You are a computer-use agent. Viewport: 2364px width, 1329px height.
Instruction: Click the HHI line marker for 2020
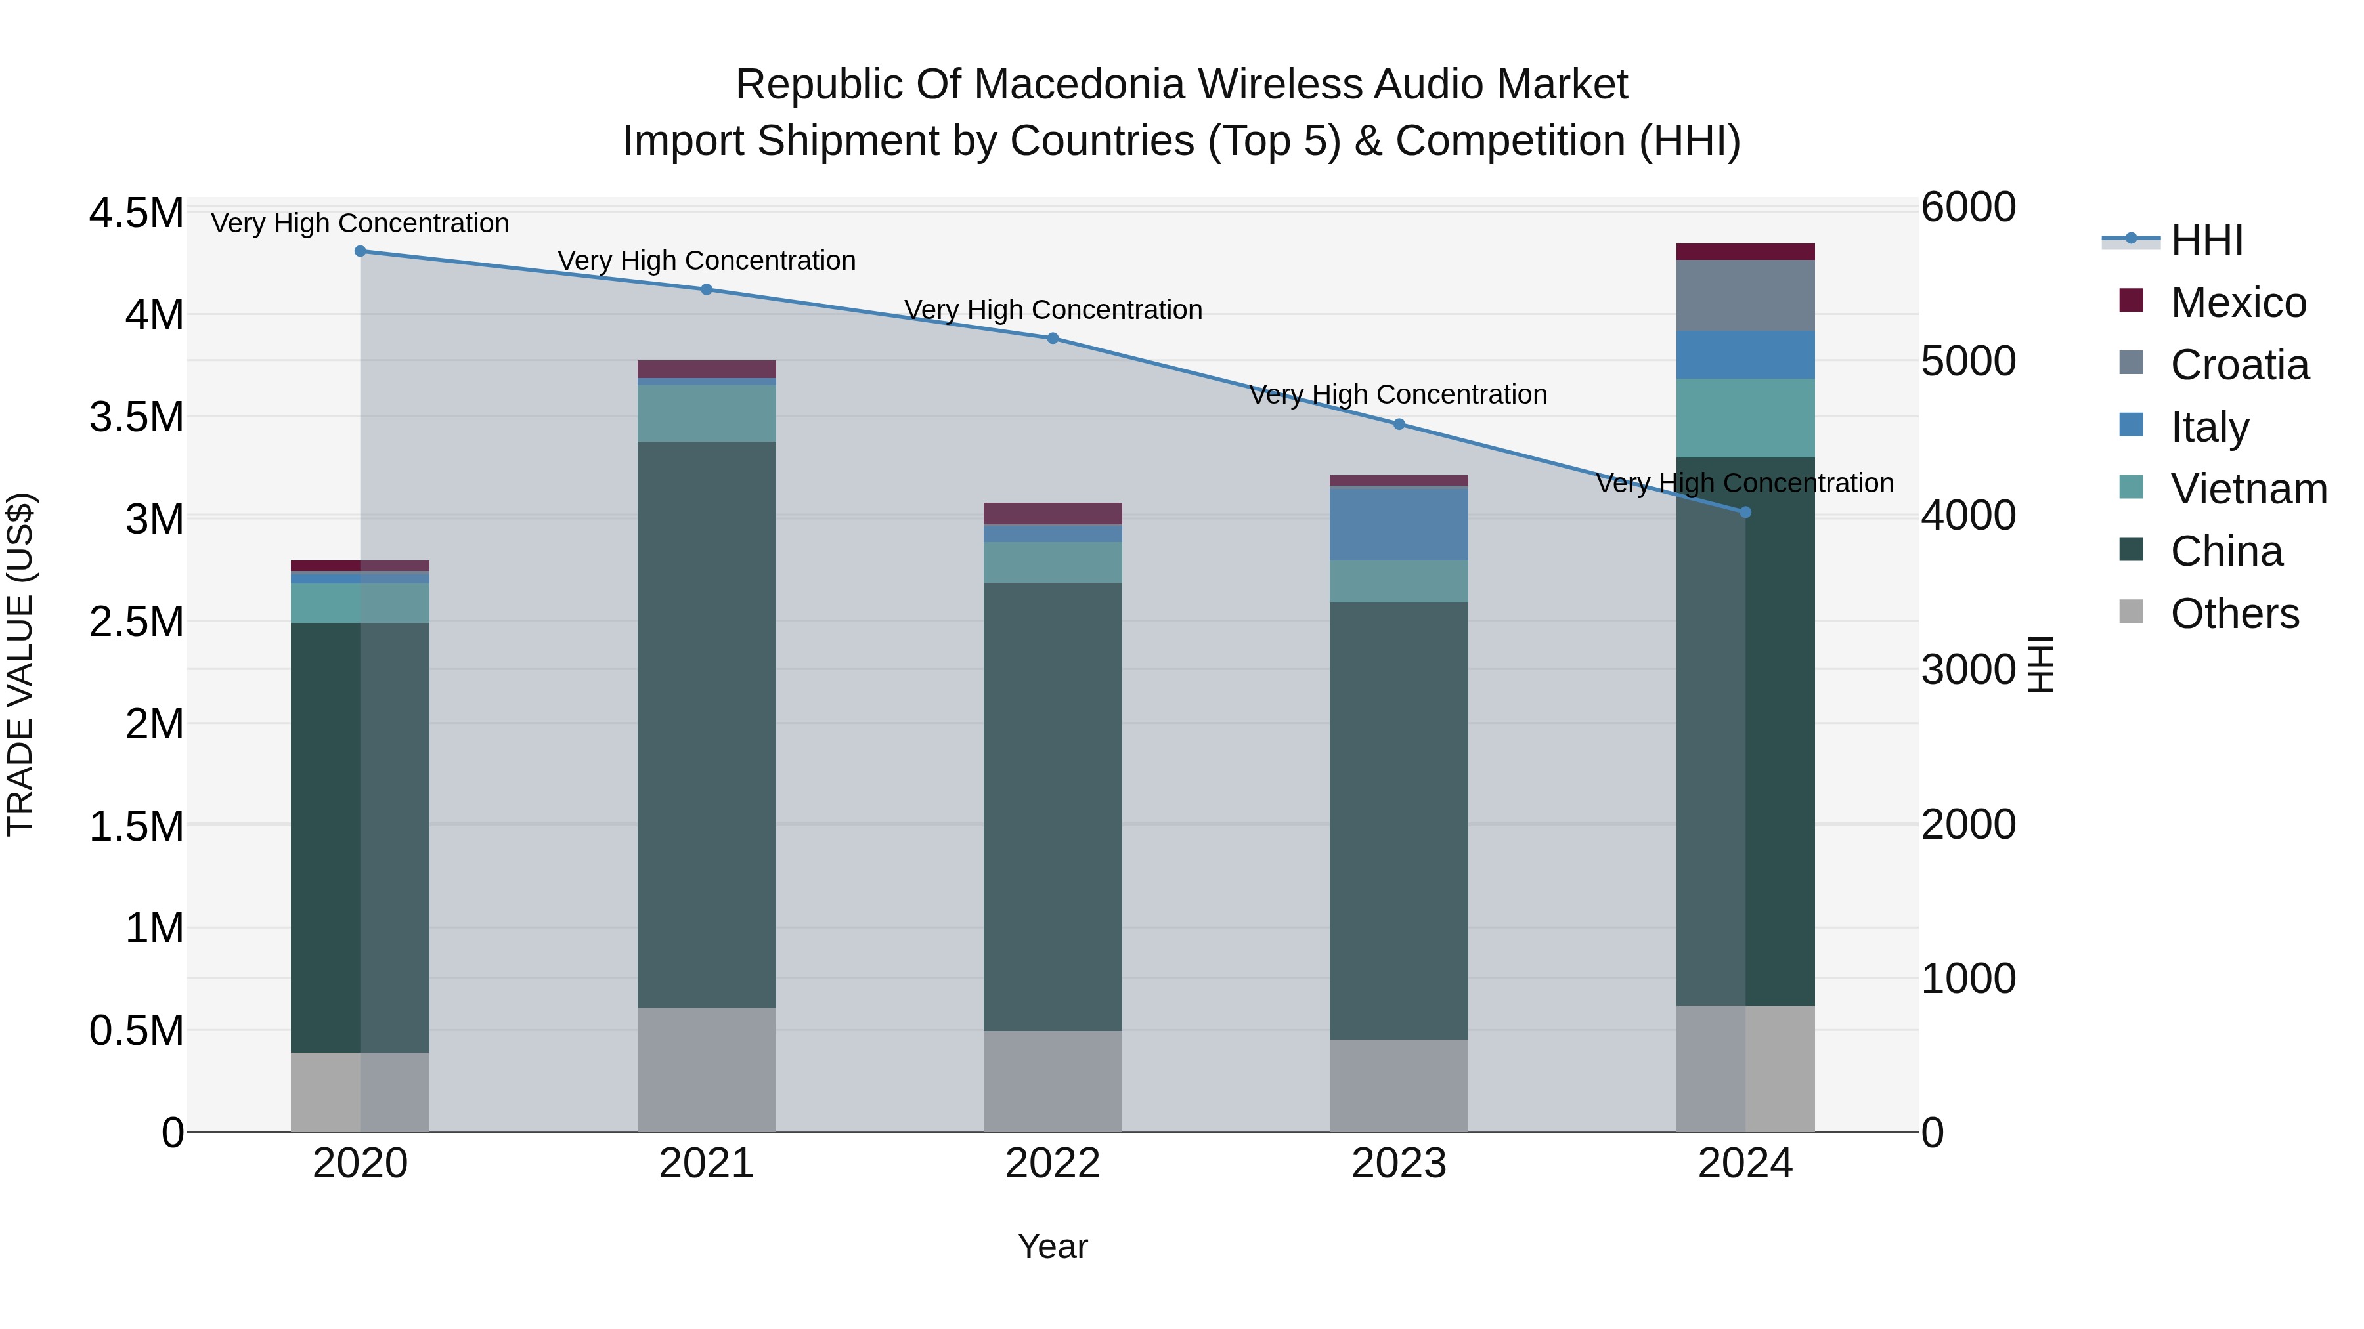tap(360, 251)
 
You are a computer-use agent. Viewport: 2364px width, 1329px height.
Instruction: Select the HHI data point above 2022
tap(1053, 339)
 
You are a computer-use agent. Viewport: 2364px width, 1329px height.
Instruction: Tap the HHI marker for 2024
tap(1745, 512)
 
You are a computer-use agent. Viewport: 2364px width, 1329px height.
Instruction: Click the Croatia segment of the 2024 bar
tap(1745, 295)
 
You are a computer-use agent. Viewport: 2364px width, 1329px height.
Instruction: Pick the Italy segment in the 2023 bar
tap(1399, 524)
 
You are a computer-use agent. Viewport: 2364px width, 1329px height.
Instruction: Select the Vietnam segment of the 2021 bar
tap(706, 413)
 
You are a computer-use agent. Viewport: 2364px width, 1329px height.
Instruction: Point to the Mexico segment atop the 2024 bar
tap(1745, 251)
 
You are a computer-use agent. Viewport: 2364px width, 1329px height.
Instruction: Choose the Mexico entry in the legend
tap(2237, 303)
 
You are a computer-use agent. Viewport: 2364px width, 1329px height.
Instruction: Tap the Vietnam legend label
tap(2248, 489)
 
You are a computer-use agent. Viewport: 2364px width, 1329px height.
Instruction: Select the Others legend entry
tap(2234, 614)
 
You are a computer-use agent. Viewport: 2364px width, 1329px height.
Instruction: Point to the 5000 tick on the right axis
tap(1969, 362)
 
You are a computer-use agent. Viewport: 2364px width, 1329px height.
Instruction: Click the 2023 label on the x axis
tap(1399, 1164)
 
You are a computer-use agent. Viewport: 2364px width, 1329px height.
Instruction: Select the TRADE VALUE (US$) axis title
tap(20, 664)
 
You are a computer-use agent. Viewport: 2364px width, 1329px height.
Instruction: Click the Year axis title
tap(1053, 1246)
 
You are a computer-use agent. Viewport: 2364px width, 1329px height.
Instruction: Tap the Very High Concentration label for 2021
tap(706, 261)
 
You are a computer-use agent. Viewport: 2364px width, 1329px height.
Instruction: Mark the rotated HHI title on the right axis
tap(2041, 664)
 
